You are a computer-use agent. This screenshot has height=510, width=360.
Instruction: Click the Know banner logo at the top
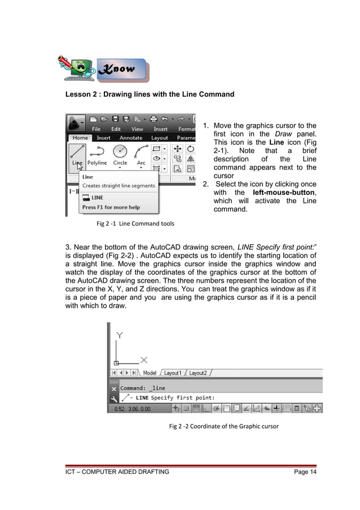[120, 69]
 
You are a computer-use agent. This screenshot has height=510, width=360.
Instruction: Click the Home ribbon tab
[80, 137]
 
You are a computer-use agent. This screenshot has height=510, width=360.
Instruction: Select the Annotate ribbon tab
[131, 137]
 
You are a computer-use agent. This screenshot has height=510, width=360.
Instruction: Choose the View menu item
[137, 129]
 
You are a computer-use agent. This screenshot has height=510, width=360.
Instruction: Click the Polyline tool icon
[97, 151]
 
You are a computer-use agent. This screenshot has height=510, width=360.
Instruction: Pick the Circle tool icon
[120, 151]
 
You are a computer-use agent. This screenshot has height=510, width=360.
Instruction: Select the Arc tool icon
[141, 151]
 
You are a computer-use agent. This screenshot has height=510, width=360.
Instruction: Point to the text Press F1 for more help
[111, 207]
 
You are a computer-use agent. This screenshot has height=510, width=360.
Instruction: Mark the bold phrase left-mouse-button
[284, 193]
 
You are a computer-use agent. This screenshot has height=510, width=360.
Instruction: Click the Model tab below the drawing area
[150, 373]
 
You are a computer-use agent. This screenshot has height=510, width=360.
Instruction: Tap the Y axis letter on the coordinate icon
[120, 335]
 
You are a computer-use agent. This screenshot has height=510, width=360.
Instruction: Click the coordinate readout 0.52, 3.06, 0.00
[132, 408]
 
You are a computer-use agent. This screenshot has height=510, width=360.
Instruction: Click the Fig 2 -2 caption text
[223, 426]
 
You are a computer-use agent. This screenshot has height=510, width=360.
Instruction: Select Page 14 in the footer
[305, 472]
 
